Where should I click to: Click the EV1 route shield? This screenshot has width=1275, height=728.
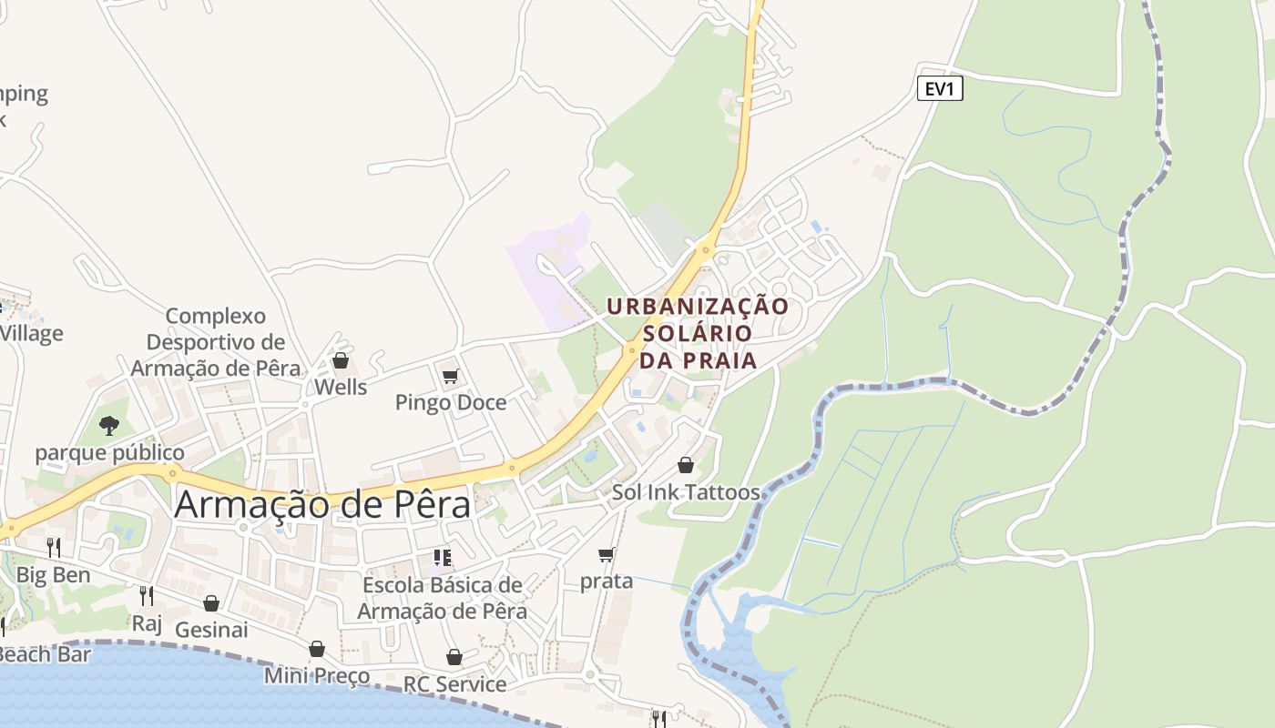point(939,88)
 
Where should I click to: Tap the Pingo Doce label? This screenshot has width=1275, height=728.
point(451,402)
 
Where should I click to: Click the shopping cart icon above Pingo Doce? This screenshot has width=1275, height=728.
point(450,376)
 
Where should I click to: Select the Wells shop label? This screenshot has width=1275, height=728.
point(341,387)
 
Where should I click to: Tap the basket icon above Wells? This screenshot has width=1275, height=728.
point(341,360)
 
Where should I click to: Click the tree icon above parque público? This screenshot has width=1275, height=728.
point(109,425)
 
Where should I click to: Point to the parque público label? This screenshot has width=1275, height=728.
point(109,452)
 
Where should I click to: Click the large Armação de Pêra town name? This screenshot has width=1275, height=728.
point(322,504)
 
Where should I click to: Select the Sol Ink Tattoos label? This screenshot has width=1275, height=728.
point(686,492)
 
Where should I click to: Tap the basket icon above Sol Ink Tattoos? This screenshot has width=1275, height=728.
point(686,465)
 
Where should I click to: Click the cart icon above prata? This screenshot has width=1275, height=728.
point(607,554)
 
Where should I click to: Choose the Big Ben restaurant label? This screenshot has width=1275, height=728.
point(54,575)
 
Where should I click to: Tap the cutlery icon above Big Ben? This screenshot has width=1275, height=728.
point(54,547)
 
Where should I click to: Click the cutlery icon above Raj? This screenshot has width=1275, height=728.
point(146,596)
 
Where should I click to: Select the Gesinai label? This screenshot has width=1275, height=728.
point(211,630)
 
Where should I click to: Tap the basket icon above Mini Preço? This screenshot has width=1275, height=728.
point(317,649)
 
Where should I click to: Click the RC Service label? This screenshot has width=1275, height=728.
point(454,684)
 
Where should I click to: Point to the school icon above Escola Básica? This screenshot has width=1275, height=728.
point(443,557)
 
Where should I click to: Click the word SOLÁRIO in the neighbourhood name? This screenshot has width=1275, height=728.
point(699,333)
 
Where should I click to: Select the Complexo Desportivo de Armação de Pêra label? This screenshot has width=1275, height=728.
point(216,342)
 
